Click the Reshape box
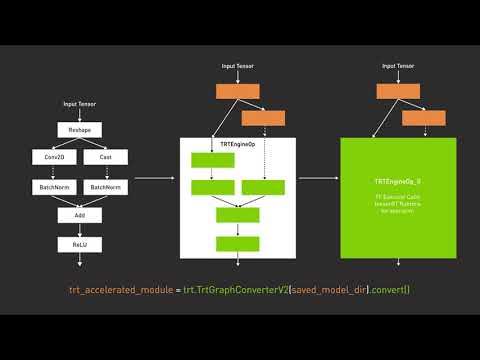(80, 130)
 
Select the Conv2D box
(55, 157)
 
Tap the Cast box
(105, 157)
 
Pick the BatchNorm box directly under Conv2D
(55, 187)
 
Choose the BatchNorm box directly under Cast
(105, 187)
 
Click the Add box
(80, 215)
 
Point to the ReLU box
(80, 244)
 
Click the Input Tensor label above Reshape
(80, 103)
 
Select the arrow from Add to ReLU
(80, 229)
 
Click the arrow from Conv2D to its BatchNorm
(55, 172)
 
